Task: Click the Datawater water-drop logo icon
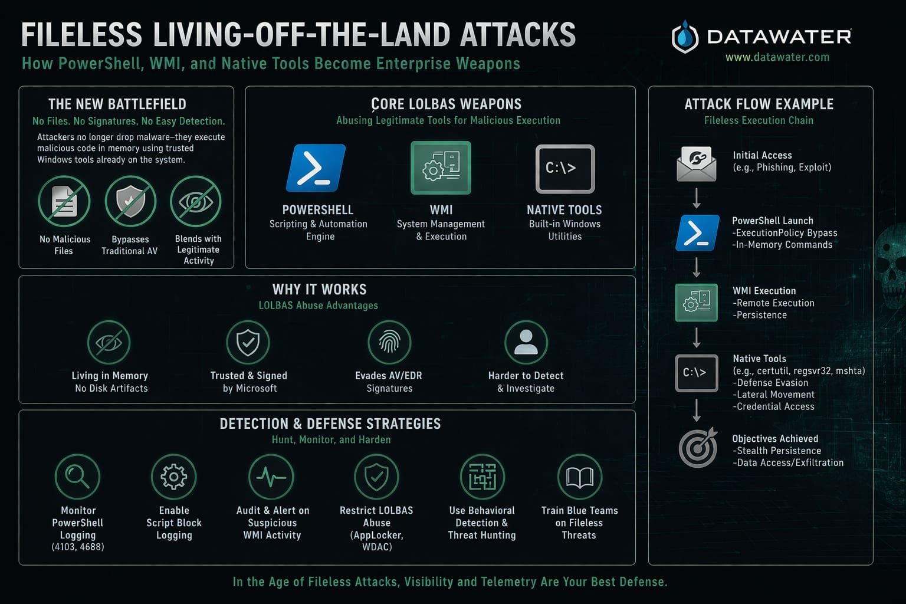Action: [684, 37]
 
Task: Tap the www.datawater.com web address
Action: [777, 57]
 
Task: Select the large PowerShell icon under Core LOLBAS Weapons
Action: [316, 168]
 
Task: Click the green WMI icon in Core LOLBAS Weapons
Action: [441, 168]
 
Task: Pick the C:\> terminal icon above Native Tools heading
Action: [564, 169]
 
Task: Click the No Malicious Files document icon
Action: [64, 202]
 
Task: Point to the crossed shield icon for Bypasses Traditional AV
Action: [130, 202]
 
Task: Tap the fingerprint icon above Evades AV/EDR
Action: [389, 342]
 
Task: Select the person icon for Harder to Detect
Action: [526, 342]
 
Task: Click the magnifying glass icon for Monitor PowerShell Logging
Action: [77, 477]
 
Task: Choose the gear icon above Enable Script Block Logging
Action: [173, 477]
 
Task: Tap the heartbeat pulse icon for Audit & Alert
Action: [271, 477]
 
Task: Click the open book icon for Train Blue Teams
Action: [579, 477]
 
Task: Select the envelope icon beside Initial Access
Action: [697, 163]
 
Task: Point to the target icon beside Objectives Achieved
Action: [697, 448]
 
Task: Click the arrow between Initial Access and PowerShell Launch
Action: [697, 198]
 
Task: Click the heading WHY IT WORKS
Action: [319, 290]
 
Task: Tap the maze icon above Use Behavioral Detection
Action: [482, 477]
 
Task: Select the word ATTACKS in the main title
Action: [517, 35]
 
